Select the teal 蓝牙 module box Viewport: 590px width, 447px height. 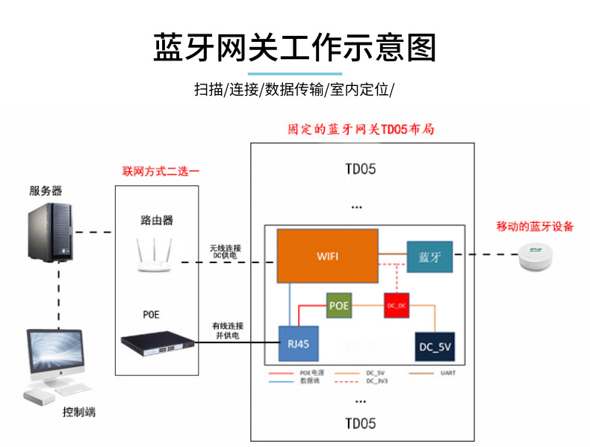(x=429, y=256)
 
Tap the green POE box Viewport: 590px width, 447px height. (x=339, y=306)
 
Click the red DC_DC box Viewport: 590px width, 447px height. (x=396, y=306)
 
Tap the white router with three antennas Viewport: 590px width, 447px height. (x=155, y=255)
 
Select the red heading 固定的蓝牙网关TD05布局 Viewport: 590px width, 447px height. (x=361, y=129)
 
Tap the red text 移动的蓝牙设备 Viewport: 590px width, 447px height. (x=535, y=226)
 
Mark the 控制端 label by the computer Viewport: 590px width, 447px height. (x=79, y=413)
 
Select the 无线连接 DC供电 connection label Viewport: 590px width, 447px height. (x=226, y=251)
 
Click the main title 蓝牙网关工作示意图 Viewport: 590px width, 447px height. (x=294, y=49)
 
